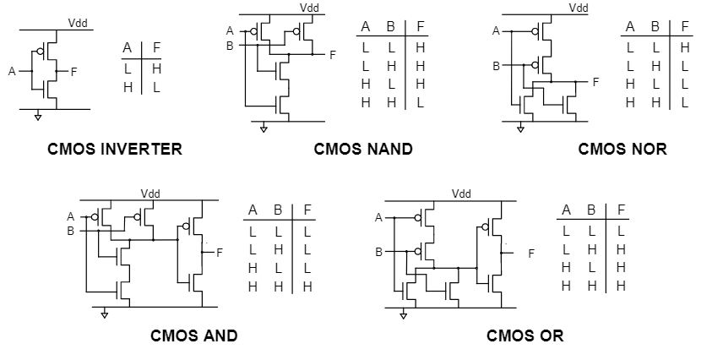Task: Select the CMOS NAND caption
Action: (362, 150)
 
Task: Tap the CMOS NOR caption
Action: (622, 150)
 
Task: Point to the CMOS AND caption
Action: (193, 335)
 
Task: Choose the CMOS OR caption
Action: (524, 335)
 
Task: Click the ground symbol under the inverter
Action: (37, 116)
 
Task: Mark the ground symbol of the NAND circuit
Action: (264, 128)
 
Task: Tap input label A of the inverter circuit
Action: (12, 72)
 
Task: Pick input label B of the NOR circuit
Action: (497, 65)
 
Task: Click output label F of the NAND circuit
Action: (333, 55)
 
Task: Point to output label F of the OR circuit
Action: (531, 254)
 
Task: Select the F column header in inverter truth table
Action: (156, 47)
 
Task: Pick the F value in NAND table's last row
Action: (420, 102)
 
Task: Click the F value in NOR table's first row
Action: (684, 47)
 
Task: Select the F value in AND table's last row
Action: (307, 286)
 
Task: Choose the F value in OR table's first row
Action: (621, 231)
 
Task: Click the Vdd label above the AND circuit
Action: (150, 194)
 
